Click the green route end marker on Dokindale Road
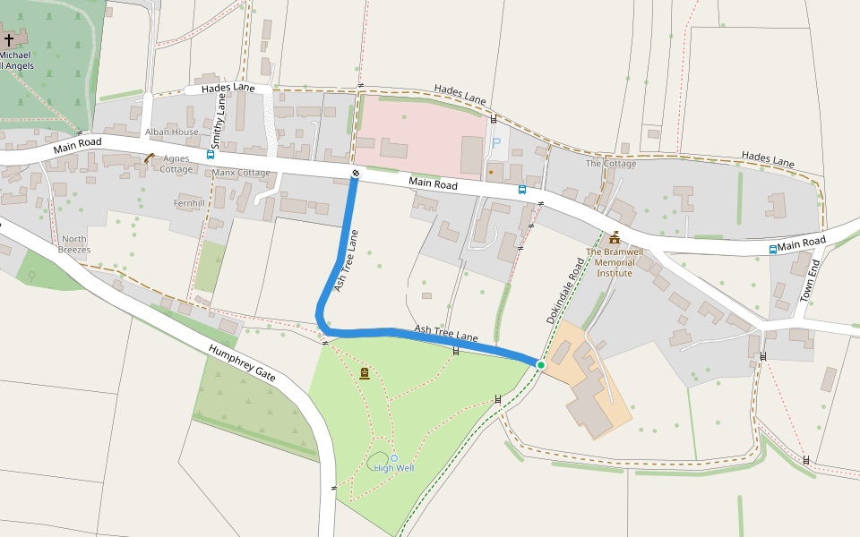(x=541, y=364)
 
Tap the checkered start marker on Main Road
(x=355, y=174)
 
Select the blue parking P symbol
(x=495, y=143)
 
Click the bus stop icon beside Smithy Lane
(x=211, y=154)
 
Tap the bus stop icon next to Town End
(x=772, y=249)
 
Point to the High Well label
(x=394, y=468)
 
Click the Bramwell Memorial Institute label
(x=615, y=262)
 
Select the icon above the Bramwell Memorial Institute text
(x=615, y=238)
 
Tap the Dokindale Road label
(x=565, y=291)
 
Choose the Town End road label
(x=809, y=281)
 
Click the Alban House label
(x=172, y=132)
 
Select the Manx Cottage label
(x=242, y=173)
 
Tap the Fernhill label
(x=191, y=204)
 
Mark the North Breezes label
(x=74, y=244)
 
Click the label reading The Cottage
(x=611, y=164)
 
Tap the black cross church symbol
(x=10, y=40)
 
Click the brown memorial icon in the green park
(x=365, y=373)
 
